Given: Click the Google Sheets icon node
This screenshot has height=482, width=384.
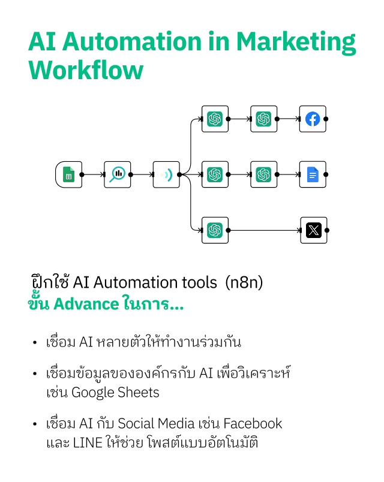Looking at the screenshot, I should pyautogui.click(x=68, y=174).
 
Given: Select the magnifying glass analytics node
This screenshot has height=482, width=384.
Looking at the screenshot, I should pyautogui.click(x=117, y=174).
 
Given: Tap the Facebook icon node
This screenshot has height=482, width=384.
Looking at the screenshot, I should pyautogui.click(x=313, y=119).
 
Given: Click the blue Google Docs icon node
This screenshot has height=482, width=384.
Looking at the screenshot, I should pyautogui.click(x=313, y=174).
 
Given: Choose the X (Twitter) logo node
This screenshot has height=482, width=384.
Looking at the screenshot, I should pyautogui.click(x=313, y=230).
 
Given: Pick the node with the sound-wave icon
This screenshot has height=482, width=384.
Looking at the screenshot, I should pyautogui.click(x=166, y=174).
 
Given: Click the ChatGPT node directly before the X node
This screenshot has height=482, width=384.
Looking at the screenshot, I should pyautogui.click(x=215, y=230).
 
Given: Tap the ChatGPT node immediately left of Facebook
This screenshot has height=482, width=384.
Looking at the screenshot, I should pyautogui.click(x=263, y=119).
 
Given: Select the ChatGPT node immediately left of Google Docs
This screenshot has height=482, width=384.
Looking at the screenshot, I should pyautogui.click(x=263, y=174).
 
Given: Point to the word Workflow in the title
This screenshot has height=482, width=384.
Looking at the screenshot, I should pyautogui.click(x=86, y=70).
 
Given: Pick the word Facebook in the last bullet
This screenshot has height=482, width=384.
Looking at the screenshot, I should pyautogui.click(x=251, y=424).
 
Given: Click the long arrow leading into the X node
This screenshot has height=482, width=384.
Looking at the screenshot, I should pyautogui.click(x=264, y=230).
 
